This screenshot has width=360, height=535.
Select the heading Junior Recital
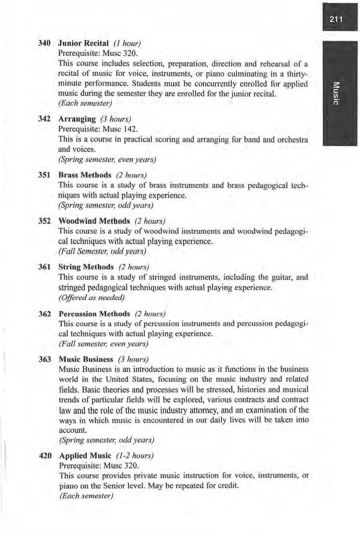click(x=83, y=43)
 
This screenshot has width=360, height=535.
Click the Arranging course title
click(x=77, y=119)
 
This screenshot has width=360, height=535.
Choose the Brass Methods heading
click(x=85, y=175)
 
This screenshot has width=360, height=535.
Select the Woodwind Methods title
click(x=94, y=221)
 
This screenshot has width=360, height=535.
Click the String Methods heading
click(x=86, y=267)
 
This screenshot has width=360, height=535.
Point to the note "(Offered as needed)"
click(x=92, y=298)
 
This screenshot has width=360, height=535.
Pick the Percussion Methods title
click(x=94, y=314)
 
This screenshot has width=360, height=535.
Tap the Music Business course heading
click(x=86, y=359)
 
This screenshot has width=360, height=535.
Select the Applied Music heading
click(x=85, y=456)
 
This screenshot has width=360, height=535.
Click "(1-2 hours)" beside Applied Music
click(x=134, y=456)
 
